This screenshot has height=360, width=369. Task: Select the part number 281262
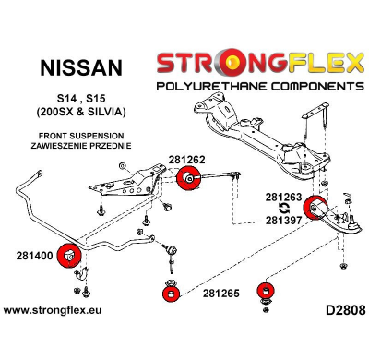(188, 159)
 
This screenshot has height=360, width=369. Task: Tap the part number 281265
(220, 294)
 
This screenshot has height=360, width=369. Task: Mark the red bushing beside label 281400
(69, 254)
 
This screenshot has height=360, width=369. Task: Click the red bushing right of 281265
(268, 294)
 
